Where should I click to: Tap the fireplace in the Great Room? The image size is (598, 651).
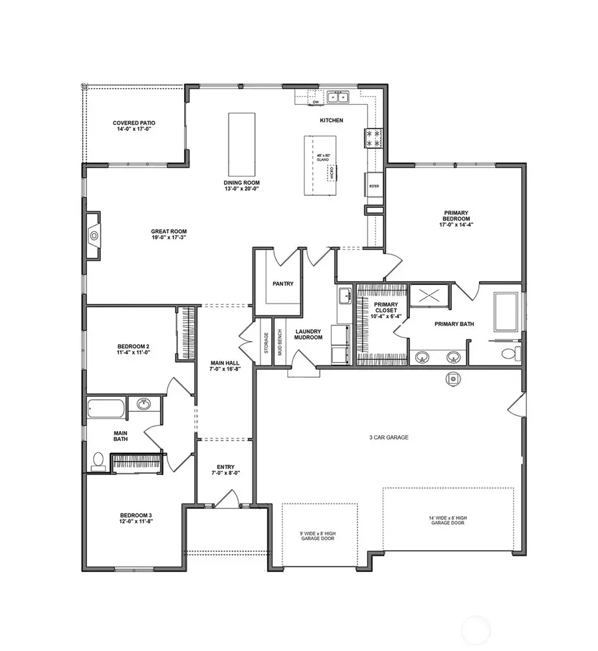point(94,234)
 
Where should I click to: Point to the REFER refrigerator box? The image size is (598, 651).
point(374,185)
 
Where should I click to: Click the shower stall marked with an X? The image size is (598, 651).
point(429,295)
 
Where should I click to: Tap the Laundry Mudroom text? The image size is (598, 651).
point(309,334)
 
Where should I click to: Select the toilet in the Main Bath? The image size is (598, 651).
point(98,460)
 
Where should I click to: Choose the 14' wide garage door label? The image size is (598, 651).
point(448,520)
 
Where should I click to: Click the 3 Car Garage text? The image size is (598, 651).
point(389,438)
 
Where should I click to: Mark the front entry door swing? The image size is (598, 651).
point(229,500)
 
